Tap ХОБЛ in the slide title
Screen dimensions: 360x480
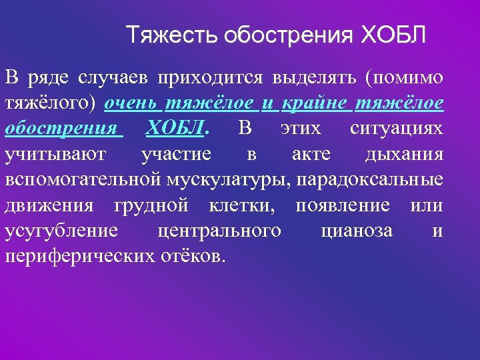(393, 34)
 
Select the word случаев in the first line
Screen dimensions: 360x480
(111, 79)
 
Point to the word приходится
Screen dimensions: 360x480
(210, 79)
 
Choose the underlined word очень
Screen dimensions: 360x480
(130, 103)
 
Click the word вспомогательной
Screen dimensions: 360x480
(83, 179)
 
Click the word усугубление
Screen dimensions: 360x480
(62, 230)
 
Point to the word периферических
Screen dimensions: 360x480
(77, 255)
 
